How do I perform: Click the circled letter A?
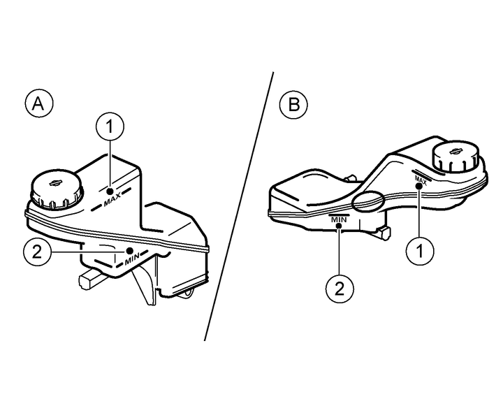pos(39,103)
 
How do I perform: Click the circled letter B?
pos(293,105)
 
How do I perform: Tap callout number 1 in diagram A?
pos(110,126)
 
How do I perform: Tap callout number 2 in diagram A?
pos(37,252)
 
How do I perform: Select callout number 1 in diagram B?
pos(420,251)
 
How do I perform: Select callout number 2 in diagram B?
pos(340,289)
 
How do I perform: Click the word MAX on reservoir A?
pos(112,199)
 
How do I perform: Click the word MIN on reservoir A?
pos(133,258)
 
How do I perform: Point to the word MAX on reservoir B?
pos(421,180)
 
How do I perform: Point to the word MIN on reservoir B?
pos(339,220)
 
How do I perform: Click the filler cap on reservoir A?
pos(57,190)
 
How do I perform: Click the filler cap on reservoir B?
pos(455,156)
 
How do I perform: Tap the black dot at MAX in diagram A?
pos(110,191)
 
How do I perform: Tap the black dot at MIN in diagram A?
pos(130,250)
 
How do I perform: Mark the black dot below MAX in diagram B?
pos(419,186)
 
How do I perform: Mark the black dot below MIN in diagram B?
pos(339,226)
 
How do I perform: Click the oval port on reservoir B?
pos(368,201)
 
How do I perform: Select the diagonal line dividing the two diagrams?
pos(239,206)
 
